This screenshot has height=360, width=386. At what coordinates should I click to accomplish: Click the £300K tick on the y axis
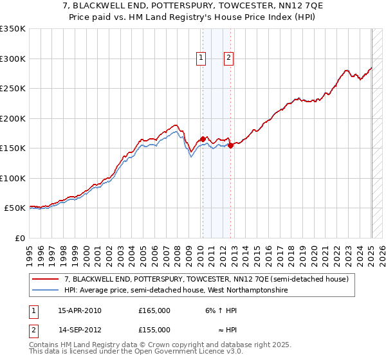coord(13,59)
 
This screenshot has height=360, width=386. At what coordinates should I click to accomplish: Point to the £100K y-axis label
coord(13,178)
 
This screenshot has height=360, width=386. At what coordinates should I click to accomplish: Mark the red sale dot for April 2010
coord(203,139)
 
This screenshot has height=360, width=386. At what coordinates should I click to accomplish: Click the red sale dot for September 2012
coord(230,145)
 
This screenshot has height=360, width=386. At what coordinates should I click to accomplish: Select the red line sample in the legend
coord(46,280)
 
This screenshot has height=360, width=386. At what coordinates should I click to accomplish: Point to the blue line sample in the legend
coord(46,290)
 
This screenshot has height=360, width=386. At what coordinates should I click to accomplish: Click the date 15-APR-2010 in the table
coord(80,310)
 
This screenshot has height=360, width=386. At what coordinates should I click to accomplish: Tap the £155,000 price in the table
coord(154,330)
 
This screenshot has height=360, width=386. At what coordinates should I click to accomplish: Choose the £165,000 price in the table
coord(154,310)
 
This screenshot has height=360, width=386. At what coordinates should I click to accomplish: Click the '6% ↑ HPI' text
coord(216,310)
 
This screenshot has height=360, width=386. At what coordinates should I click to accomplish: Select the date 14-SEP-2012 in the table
coord(80,330)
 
